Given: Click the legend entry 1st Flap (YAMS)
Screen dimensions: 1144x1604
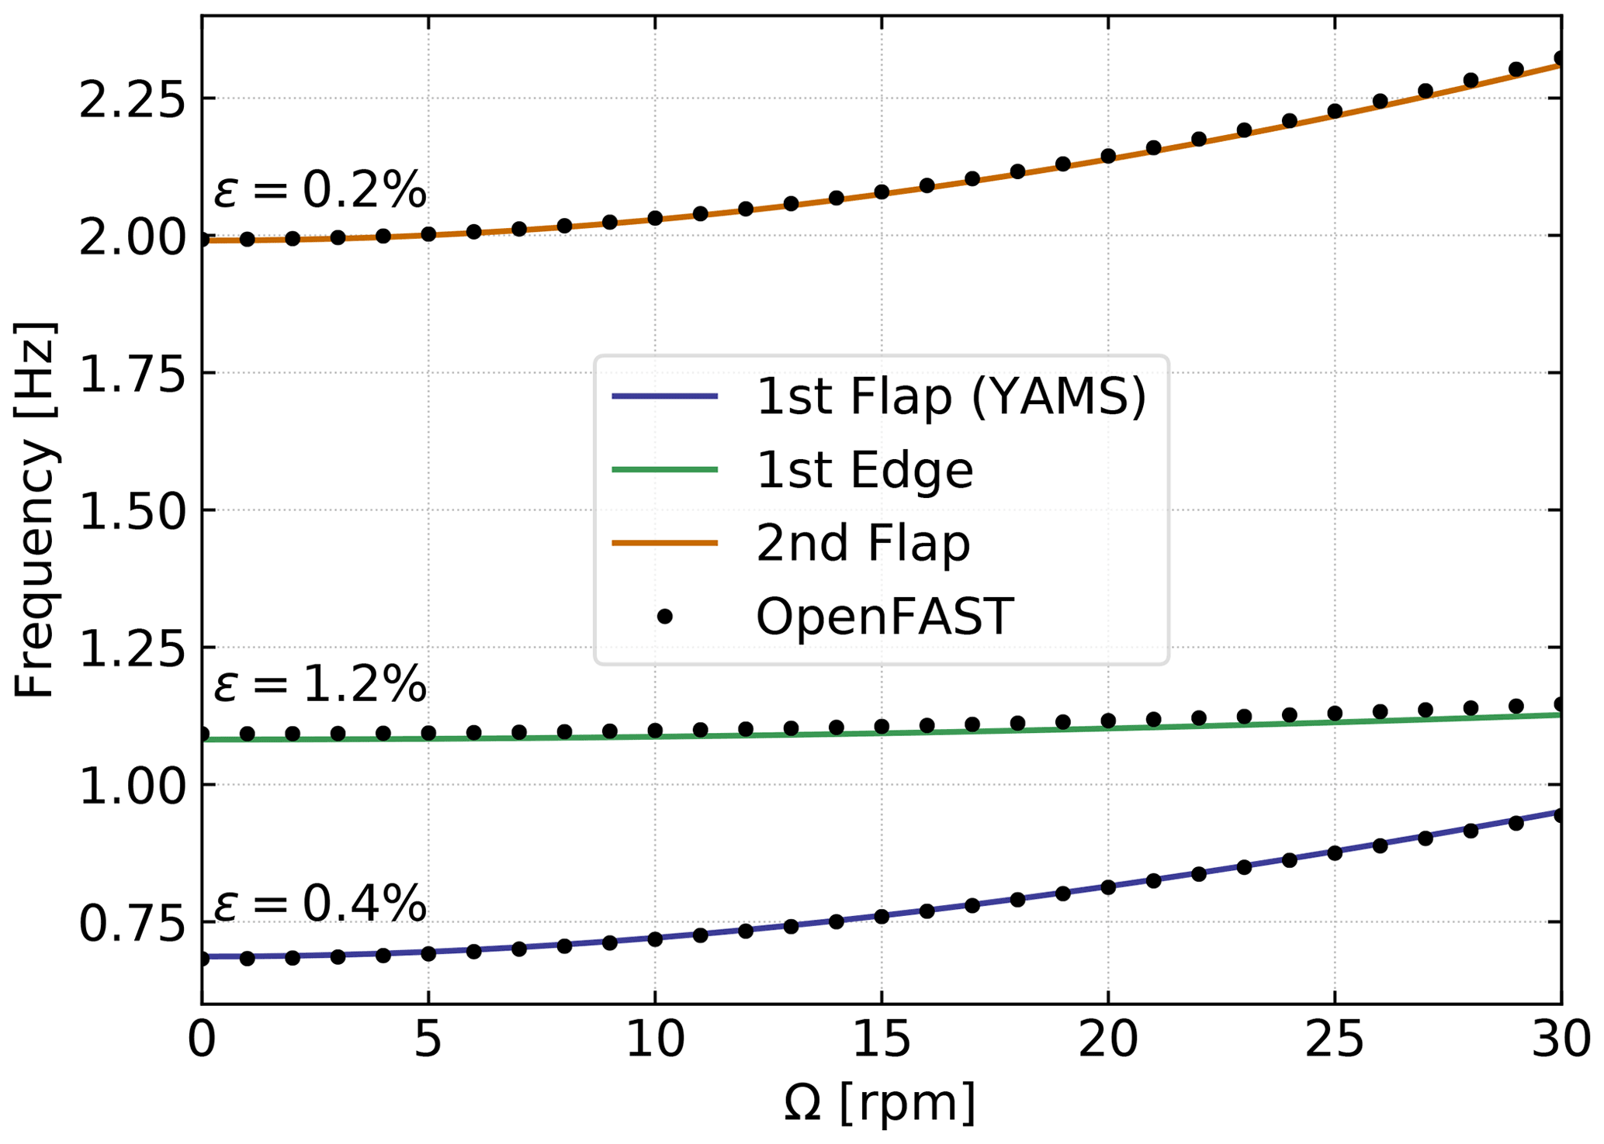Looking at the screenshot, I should click(950, 397).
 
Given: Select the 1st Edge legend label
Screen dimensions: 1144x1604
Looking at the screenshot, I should click(864, 470).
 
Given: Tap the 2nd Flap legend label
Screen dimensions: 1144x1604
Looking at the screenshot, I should click(862, 543).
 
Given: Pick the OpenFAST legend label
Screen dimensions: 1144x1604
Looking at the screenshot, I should click(884, 617).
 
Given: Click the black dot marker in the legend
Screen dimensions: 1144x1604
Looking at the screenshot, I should click(664, 617).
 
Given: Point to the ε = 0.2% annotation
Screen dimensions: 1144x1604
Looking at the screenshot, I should click(320, 190).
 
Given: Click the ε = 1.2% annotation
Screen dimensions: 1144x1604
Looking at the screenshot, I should click(320, 685).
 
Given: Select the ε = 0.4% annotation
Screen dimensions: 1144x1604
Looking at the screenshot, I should click(320, 904).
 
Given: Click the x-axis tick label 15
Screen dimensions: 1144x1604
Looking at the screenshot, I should click(881, 1040).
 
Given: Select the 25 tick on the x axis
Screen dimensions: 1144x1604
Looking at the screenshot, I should click(1334, 1040).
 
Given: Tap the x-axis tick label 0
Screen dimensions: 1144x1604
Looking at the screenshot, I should click(202, 1040).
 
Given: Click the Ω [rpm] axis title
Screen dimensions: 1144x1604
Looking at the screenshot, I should click(880, 1102).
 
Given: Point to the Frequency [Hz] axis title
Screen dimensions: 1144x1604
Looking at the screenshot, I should click(35, 510).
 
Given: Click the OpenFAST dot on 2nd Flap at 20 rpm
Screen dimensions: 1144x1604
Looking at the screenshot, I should click(1108, 156).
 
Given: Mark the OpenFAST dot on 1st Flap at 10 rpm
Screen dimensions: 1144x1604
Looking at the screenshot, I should click(655, 939).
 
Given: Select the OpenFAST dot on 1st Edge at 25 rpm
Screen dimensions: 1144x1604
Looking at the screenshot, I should click(1335, 714).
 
